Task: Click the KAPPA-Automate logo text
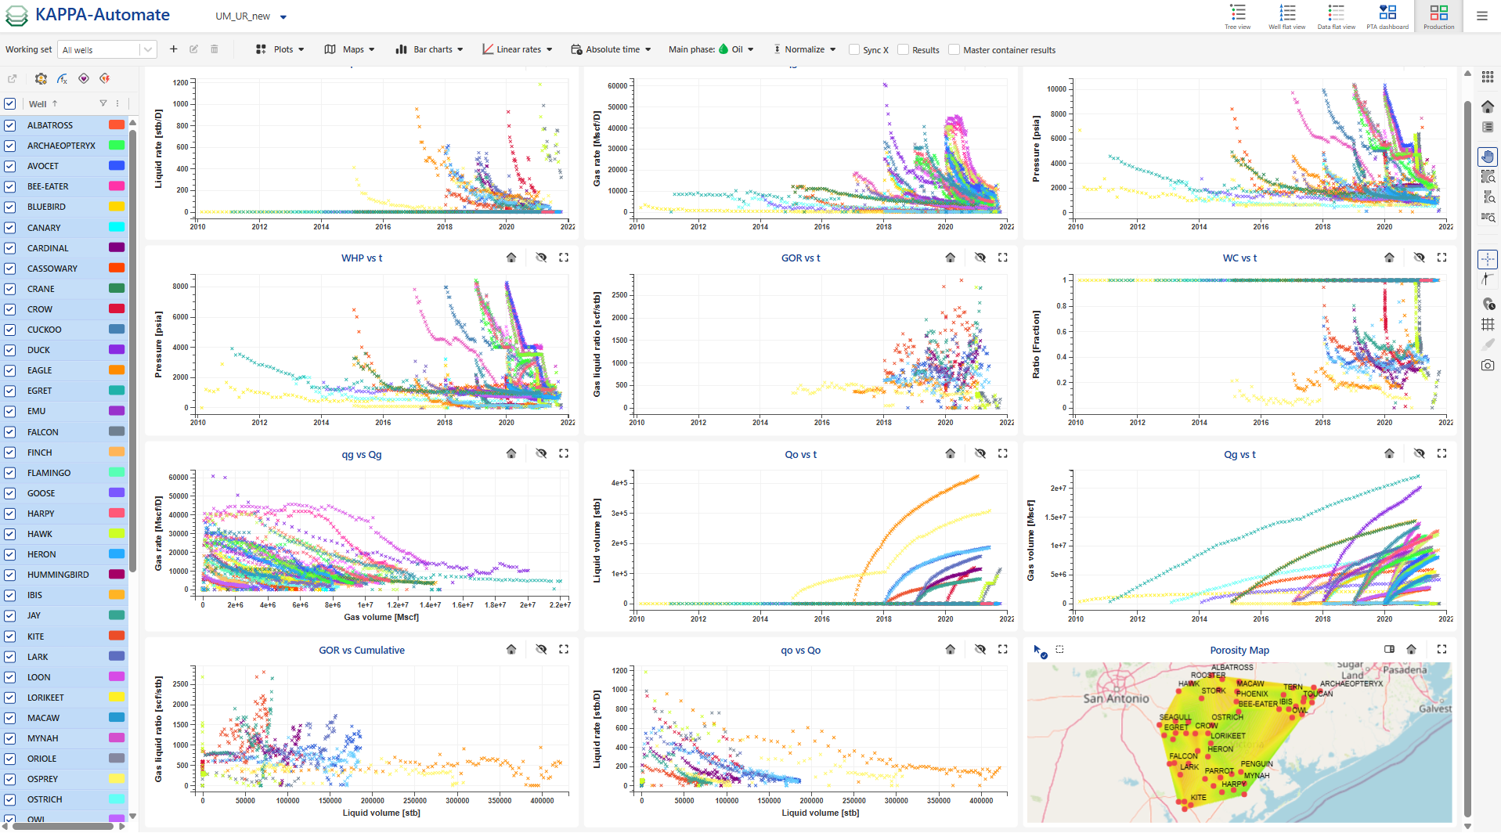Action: point(102,15)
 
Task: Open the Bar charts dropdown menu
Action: point(430,49)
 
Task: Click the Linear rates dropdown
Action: point(518,49)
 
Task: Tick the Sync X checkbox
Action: point(854,49)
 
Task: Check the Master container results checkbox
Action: point(954,49)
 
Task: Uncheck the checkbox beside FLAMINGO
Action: point(10,473)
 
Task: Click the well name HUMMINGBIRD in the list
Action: point(58,575)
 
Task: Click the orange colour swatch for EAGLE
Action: point(117,370)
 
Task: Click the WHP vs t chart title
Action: point(361,258)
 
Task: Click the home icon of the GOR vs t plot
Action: point(950,258)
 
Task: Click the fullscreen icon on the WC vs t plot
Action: point(1441,258)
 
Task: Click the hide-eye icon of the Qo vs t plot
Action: point(980,453)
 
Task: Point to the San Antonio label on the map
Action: point(1116,698)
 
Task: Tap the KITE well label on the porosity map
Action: point(1198,797)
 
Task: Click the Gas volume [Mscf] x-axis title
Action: point(381,617)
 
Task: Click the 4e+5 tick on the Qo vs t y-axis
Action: point(619,483)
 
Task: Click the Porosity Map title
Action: point(1239,651)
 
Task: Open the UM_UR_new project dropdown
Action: point(251,16)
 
